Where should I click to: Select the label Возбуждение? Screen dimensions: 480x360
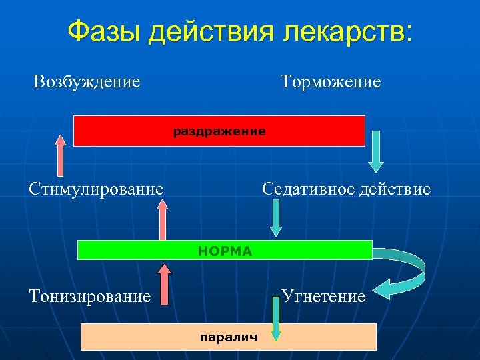[x=87, y=82]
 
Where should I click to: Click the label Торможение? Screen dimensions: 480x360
[x=331, y=82]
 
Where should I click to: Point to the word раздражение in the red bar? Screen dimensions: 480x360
[x=219, y=131]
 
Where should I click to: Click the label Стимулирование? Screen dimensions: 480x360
[x=96, y=189]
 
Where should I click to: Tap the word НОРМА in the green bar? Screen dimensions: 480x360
[x=225, y=251]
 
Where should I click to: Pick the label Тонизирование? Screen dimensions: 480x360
[x=90, y=295]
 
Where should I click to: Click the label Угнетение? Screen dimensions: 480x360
[x=323, y=295]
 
